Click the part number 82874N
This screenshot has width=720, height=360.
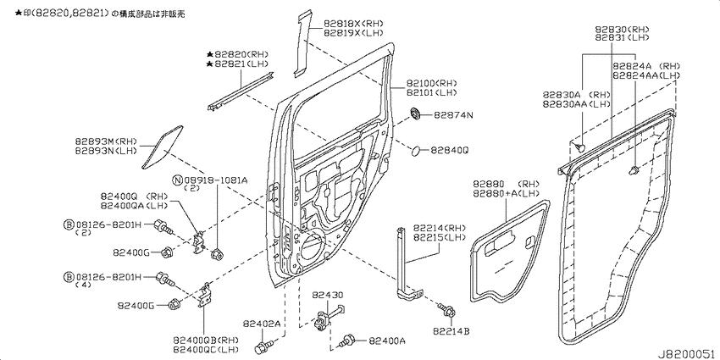[453, 114]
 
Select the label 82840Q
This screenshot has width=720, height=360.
[449, 150]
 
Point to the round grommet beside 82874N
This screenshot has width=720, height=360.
[415, 114]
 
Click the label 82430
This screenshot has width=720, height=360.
[327, 294]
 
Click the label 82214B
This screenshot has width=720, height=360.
[451, 330]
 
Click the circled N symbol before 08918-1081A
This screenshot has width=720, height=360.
[178, 180]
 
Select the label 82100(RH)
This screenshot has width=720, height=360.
[432, 82]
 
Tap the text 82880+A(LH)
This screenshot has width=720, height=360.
[507, 193]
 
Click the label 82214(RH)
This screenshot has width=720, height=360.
[440, 228]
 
